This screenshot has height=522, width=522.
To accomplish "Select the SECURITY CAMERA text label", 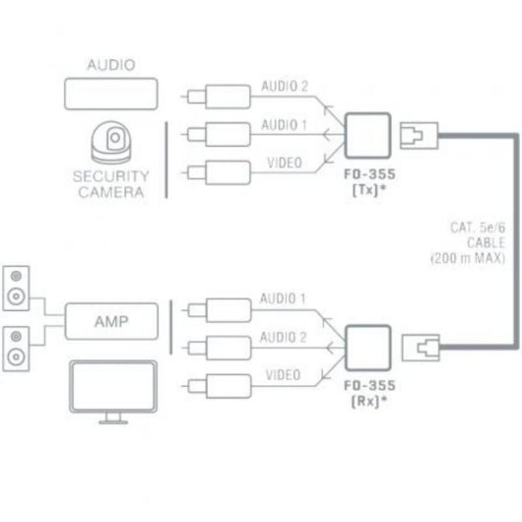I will click(110, 184).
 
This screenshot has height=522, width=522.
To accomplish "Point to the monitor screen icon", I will click(111, 389).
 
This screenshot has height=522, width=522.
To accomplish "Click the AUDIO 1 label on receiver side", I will click(284, 296).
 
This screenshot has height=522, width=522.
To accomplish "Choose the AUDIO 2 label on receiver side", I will click(284, 335).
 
